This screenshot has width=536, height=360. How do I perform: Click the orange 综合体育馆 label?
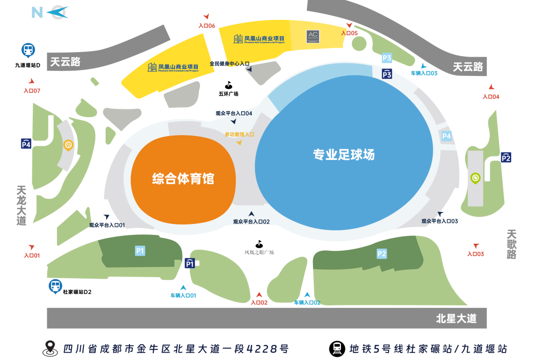183,178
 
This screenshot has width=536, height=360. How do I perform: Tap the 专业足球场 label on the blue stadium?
343,154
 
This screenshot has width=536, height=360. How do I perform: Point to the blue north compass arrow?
58,12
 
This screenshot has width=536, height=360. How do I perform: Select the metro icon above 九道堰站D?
28,50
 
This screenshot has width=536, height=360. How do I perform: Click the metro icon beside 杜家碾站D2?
55,286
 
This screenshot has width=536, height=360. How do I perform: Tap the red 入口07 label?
32,91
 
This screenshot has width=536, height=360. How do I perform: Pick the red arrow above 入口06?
206,17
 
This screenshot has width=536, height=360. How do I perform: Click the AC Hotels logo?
313,36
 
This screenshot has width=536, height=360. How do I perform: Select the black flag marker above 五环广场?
228,85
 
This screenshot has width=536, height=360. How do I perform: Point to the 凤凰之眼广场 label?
259,252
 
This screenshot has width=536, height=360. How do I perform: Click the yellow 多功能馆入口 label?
239,134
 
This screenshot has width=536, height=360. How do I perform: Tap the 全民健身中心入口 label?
229,64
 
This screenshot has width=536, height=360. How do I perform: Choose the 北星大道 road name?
456,318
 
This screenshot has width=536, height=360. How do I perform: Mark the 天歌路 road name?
512,244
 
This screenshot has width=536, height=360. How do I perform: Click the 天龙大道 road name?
21,206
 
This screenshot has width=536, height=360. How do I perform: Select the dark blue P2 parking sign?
506,157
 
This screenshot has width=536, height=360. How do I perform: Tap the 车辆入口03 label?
424,73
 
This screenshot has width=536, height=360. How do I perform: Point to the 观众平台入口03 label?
439,221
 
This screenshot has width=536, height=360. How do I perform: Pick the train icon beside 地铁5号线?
337,348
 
